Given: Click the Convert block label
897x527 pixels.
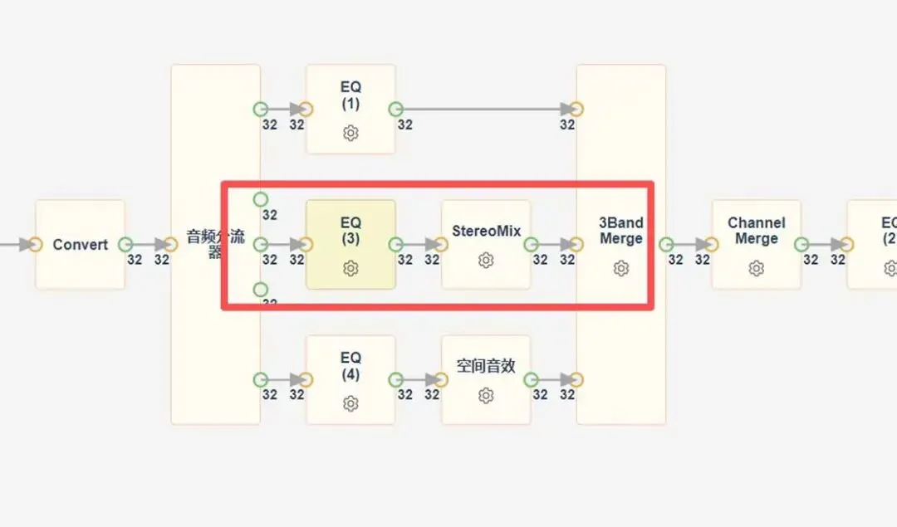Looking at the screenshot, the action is (80, 245).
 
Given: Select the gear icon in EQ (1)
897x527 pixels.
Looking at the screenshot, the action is (350, 133).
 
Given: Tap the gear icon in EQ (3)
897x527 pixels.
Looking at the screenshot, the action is (350, 268).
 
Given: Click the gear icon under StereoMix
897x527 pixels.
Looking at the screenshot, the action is (486, 261).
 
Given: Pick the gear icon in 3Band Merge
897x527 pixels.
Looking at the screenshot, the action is (621, 268).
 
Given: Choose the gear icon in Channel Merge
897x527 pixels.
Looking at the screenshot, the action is (756, 268).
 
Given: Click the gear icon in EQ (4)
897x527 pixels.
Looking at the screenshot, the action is (350, 403).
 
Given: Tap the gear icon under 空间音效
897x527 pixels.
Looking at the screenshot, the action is (486, 396).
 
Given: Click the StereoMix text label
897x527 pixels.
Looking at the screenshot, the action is (486, 231).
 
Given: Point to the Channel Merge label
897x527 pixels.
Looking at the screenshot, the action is (756, 231).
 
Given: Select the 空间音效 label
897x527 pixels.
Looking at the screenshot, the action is (486, 366).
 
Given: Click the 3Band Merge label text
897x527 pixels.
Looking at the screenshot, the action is (621, 231).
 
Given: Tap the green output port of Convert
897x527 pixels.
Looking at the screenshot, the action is (125, 245).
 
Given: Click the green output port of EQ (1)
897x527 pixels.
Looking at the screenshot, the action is (396, 109).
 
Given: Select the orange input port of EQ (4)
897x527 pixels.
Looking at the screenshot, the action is (306, 379).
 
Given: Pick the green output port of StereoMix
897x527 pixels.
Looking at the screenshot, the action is (532, 245).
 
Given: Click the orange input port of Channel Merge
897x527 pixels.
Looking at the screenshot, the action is (711, 245).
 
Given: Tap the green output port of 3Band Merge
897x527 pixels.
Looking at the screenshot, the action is (666, 245).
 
